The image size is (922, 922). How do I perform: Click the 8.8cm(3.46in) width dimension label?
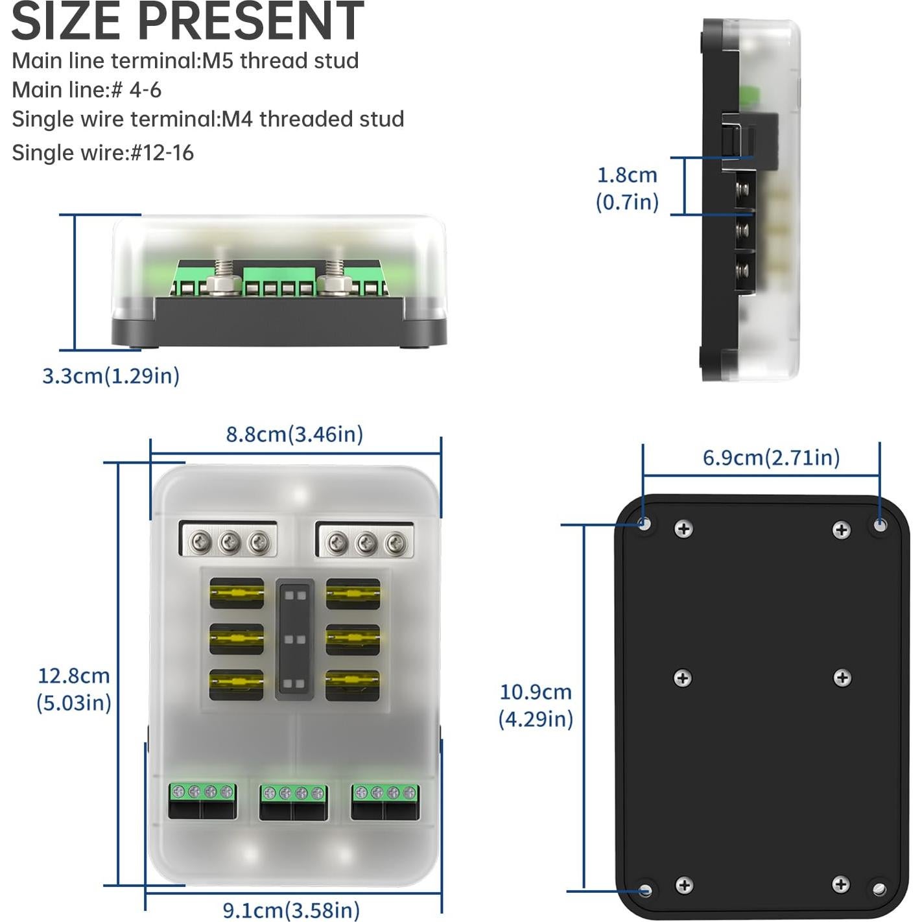point(294,434)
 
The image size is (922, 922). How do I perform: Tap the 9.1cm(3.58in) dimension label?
point(291,910)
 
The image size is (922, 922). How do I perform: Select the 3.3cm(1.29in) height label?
point(111,375)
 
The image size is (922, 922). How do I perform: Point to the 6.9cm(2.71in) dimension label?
point(771,457)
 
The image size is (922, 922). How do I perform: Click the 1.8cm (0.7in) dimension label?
point(627,189)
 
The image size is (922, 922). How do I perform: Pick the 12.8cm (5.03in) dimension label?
point(74,689)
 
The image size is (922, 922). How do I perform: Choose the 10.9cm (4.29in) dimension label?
point(536,705)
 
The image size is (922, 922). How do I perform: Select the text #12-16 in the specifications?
point(162,153)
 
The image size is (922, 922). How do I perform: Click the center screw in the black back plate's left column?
point(683,678)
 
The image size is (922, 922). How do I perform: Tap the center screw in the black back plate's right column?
point(842,678)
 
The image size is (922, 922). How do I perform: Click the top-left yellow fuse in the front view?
point(237,593)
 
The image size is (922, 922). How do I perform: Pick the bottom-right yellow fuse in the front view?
point(353,684)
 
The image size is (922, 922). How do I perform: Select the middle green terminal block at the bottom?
point(294,801)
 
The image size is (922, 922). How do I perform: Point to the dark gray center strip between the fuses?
point(295,639)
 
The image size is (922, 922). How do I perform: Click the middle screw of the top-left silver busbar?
point(229,543)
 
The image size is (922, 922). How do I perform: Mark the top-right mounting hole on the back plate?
point(880,525)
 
